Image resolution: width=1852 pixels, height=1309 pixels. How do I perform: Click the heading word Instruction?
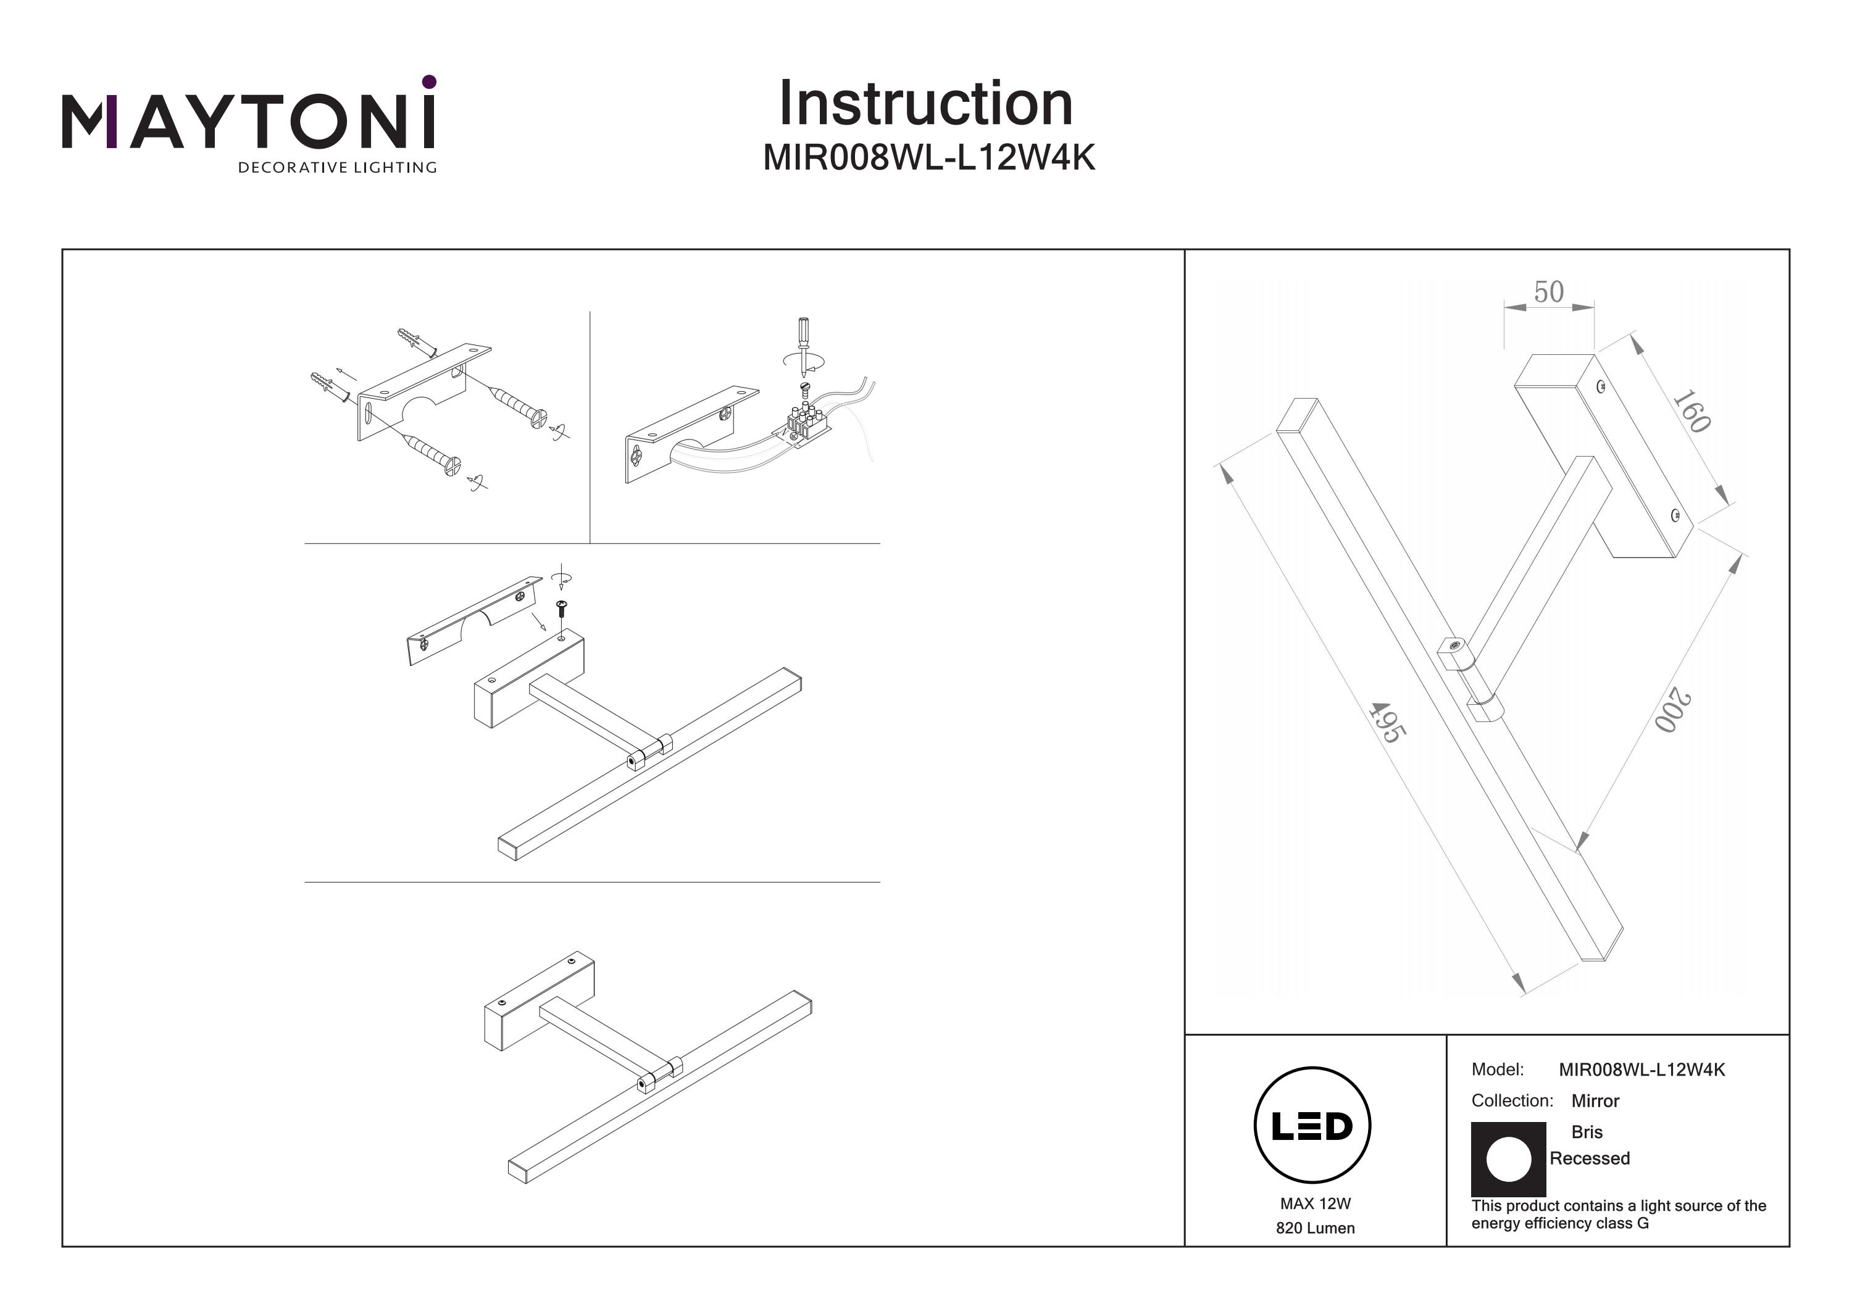(925, 104)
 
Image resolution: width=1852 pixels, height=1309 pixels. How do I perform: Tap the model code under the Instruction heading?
(928, 159)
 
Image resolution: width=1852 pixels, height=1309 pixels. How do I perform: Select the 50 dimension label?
(1548, 292)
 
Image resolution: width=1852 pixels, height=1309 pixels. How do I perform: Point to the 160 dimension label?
(1691, 412)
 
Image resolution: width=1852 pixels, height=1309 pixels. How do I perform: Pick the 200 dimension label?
(1672, 710)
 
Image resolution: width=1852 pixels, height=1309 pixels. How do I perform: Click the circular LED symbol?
(1312, 1126)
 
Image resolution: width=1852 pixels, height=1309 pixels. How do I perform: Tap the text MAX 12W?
(1315, 1204)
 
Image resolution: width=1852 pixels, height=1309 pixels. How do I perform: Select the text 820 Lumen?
(1315, 1228)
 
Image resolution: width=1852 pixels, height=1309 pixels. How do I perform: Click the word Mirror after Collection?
(1595, 1101)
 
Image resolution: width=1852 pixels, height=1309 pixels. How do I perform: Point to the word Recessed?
(1589, 1158)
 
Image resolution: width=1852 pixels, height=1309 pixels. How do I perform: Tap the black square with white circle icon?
(1508, 1159)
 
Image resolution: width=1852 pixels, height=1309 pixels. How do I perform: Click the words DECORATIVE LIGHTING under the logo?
(337, 168)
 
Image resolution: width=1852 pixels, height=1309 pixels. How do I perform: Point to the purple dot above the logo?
(429, 81)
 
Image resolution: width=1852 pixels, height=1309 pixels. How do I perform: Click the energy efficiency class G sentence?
(1618, 1215)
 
